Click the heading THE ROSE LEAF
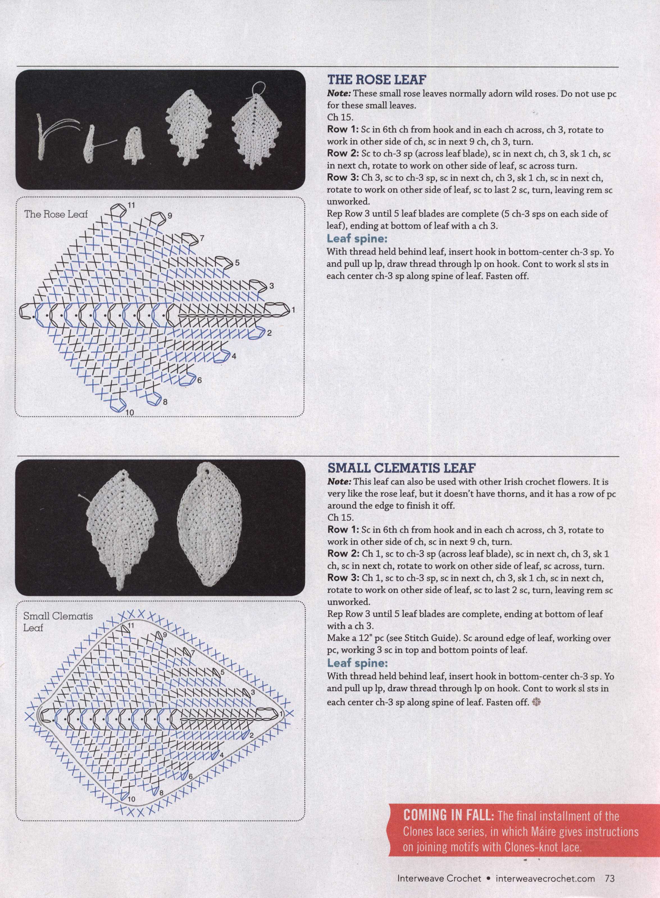(x=375, y=80)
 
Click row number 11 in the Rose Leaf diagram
(x=131, y=205)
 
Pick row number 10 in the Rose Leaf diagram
(x=129, y=413)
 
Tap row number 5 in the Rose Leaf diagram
(x=237, y=263)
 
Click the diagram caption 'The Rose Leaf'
(x=56, y=214)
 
